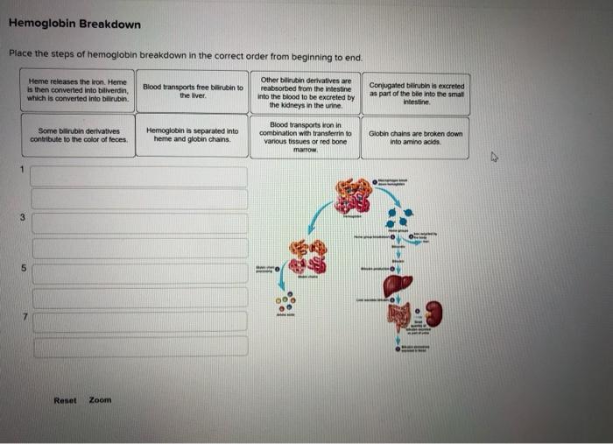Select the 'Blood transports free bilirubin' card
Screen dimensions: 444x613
pos(192,91)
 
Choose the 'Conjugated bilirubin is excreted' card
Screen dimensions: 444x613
pos(417,92)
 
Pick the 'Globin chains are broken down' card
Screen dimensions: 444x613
pos(417,137)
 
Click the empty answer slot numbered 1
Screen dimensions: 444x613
pos(139,175)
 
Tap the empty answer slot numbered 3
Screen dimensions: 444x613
pos(139,222)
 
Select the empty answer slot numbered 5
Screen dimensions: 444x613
pos(139,271)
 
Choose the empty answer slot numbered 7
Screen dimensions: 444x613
pos(139,321)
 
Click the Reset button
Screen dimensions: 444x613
pos(65,400)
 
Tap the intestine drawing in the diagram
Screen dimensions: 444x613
pos(399,317)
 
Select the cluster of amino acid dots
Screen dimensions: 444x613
pos(285,304)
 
